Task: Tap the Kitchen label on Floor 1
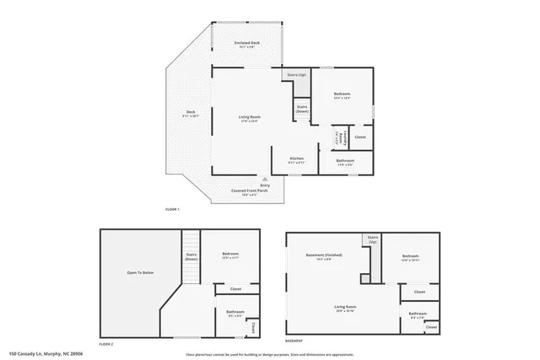pos(297,159)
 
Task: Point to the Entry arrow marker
pos(265,179)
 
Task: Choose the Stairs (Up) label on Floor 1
pos(296,75)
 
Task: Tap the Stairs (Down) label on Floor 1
pos(302,108)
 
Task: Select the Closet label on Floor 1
pos(360,137)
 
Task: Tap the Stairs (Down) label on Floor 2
pos(191,257)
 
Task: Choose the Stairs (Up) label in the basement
pos(372,239)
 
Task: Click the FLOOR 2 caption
pos(105,344)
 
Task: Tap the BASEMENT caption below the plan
pos(294,341)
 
